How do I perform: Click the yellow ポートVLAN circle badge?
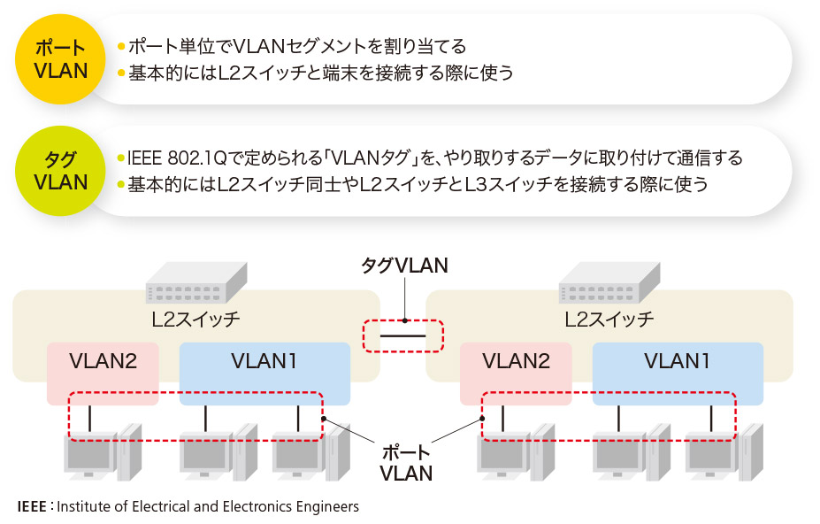pos(61,59)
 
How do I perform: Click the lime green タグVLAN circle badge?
pos(61,171)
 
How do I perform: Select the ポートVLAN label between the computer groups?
pos(405,463)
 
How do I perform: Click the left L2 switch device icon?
pos(196,281)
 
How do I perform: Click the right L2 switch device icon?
pos(609,281)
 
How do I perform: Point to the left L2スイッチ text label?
pos(195,319)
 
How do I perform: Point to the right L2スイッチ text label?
pos(609,319)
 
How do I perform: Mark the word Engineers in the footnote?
pos(327,507)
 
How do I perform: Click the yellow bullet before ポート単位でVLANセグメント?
pos(121,46)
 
